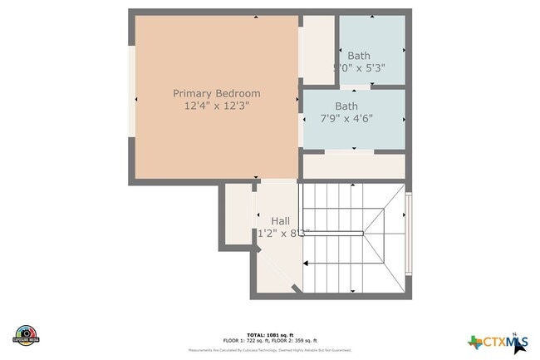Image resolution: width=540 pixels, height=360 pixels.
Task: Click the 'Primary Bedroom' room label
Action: (216, 93)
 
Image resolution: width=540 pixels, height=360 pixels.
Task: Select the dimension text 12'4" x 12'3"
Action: (216, 106)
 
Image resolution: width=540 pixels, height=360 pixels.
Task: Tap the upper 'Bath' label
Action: (359, 56)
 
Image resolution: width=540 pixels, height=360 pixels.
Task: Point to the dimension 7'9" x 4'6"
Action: (346, 119)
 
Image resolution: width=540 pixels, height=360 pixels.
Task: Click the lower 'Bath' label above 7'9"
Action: (346, 106)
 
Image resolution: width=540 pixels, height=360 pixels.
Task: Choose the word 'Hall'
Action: (280, 220)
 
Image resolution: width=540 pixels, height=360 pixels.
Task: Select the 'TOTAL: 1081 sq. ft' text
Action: (270, 334)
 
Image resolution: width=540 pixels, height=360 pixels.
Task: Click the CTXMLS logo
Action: (498, 342)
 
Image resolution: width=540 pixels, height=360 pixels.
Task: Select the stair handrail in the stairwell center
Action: (332, 234)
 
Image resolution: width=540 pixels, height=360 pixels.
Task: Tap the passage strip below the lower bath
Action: (353, 165)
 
